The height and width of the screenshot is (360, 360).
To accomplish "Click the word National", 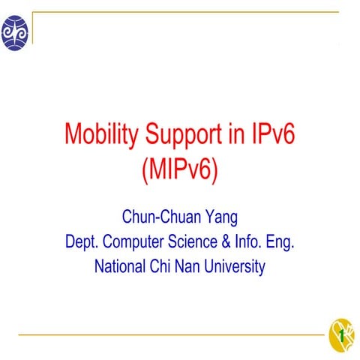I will pos(121,266).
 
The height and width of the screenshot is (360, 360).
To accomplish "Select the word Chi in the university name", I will pos(163,266).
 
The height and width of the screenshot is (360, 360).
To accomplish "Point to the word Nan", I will pos(190,266).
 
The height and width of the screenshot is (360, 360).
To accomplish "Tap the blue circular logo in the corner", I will pos(15,33).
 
